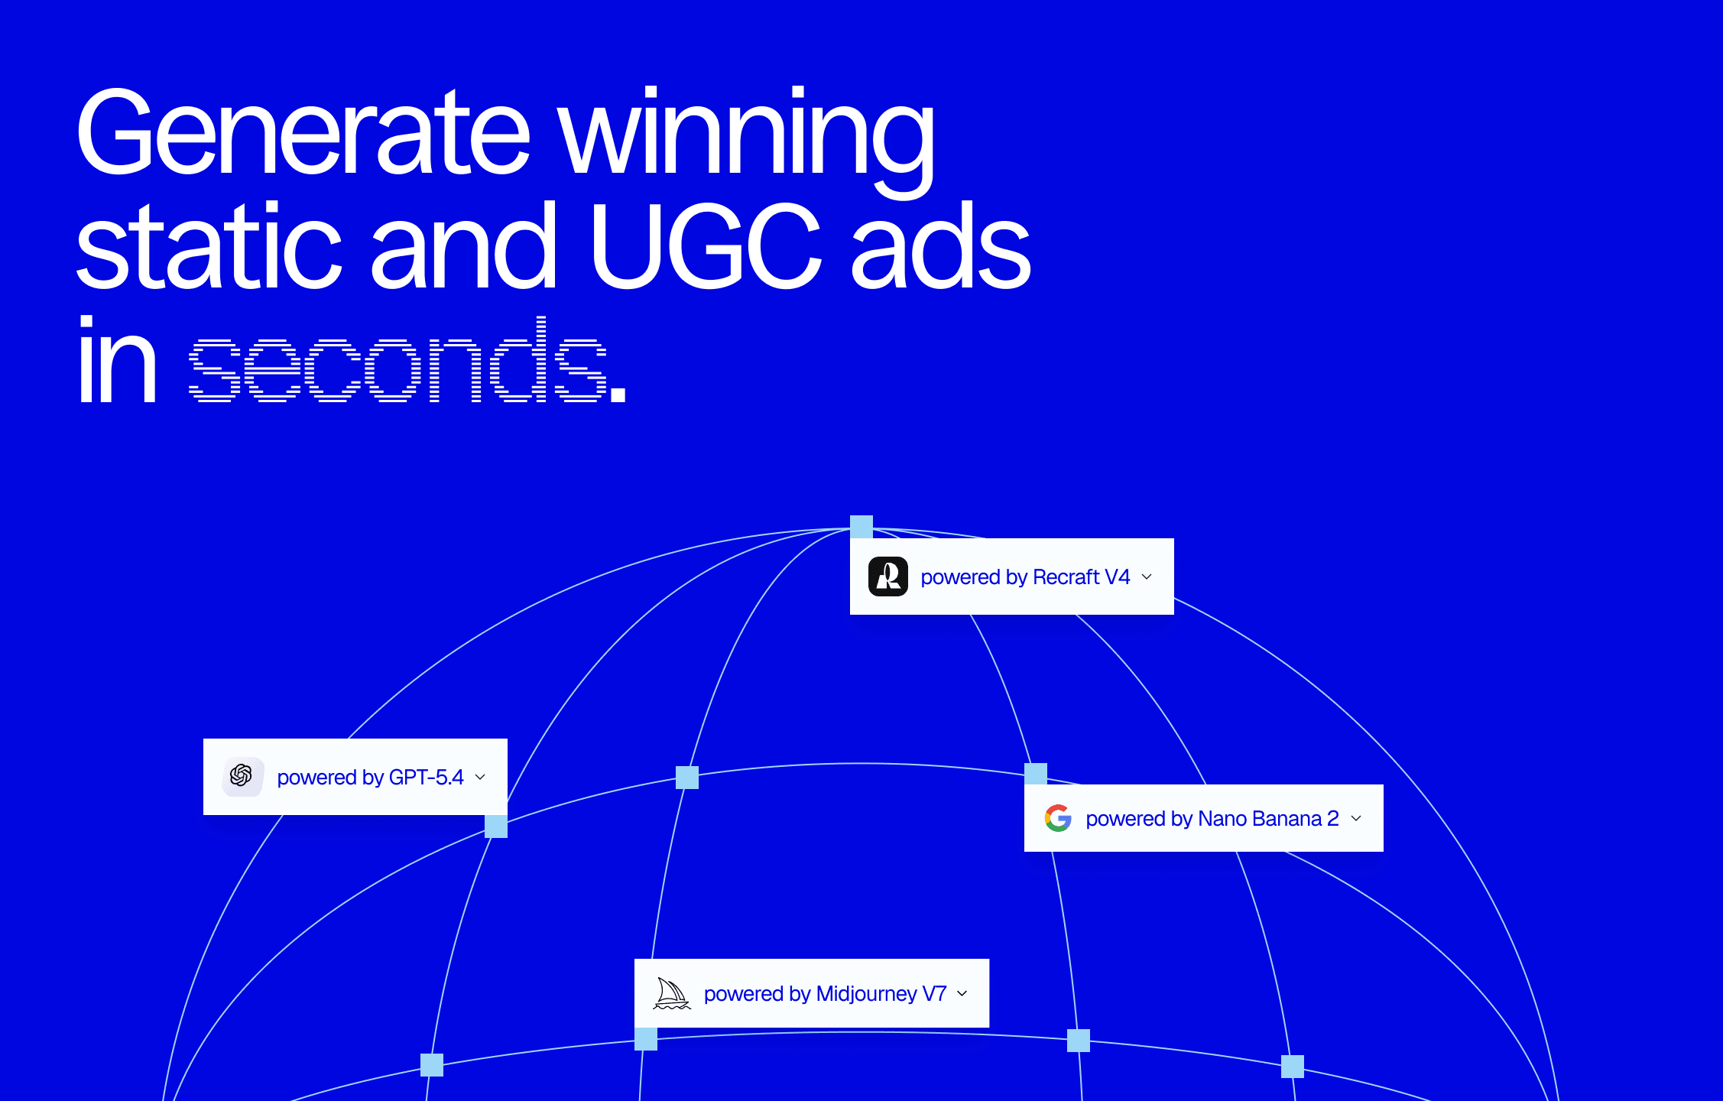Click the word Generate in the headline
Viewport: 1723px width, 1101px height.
click(x=303, y=132)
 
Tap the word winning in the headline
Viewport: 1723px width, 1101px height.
click(x=747, y=141)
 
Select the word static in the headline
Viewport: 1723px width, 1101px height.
click(x=209, y=246)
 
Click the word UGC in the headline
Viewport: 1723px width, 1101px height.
click(x=705, y=246)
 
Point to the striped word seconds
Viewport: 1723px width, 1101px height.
click(x=397, y=359)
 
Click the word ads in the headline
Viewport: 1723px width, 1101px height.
click(x=941, y=246)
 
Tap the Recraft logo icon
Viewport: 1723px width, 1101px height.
click(x=888, y=576)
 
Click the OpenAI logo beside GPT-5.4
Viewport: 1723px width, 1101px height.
click(x=242, y=776)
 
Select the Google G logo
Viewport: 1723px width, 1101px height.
click(x=1058, y=818)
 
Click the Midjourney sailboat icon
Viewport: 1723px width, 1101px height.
click(x=672, y=993)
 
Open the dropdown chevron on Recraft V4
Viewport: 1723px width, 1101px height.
click(x=1147, y=576)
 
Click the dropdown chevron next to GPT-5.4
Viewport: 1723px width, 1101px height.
click(x=480, y=777)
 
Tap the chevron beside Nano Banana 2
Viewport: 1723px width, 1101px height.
click(x=1356, y=818)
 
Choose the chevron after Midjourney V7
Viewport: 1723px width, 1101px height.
click(x=962, y=993)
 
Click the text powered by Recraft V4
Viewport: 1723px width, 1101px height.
click(x=1025, y=577)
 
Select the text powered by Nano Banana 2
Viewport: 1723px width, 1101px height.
click(x=1212, y=819)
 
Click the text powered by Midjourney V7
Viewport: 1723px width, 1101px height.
click(x=826, y=994)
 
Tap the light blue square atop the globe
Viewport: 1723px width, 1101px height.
click(x=861, y=527)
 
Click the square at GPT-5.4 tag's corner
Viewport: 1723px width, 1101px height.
click(x=496, y=827)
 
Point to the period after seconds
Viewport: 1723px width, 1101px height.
click(x=618, y=394)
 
